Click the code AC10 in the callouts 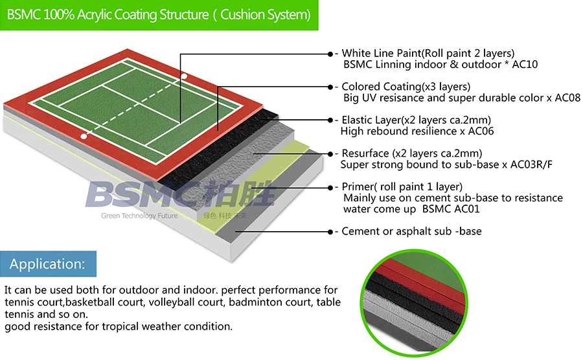pyautogui.click(x=525, y=65)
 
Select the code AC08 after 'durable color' pyautogui.click(x=567, y=98)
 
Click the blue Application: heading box pyautogui.click(x=48, y=264)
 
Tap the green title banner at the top pyautogui.click(x=159, y=14)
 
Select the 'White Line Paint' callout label pyautogui.click(x=428, y=53)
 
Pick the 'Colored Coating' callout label pyautogui.click(x=406, y=87)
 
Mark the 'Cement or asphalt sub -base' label pyautogui.click(x=411, y=231)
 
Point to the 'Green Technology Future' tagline pyautogui.click(x=139, y=216)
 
